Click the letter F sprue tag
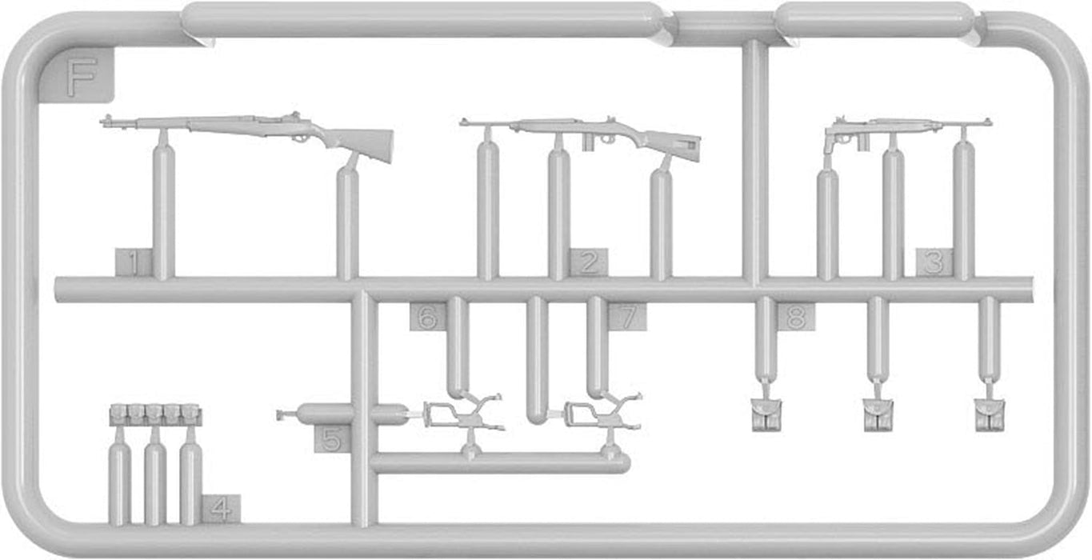[81, 76]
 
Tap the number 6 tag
[427, 318]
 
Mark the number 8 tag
[795, 318]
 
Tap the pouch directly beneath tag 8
[765, 414]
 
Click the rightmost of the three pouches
[989, 414]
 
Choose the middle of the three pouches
[878, 414]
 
